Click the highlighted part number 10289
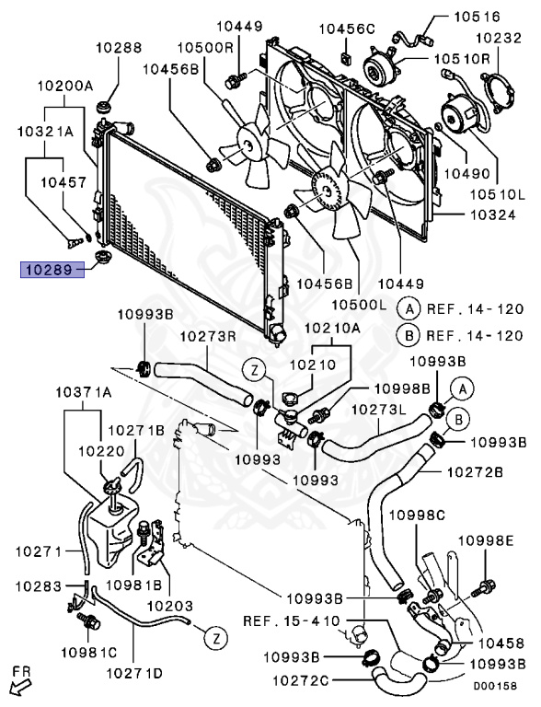[52, 270]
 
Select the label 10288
[119, 47]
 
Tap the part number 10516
[477, 17]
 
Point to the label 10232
[499, 38]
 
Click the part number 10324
[493, 214]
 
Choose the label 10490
[467, 173]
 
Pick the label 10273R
[209, 336]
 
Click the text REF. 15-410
[292, 620]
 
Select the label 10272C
[301, 680]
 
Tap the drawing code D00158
[495, 686]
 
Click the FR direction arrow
[19, 687]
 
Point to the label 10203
[170, 606]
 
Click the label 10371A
[84, 392]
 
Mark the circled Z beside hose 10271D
[216, 639]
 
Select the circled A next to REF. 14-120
[409, 309]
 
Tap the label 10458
[501, 643]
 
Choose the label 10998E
[486, 539]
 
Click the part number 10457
[63, 182]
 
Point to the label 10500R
[205, 47]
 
